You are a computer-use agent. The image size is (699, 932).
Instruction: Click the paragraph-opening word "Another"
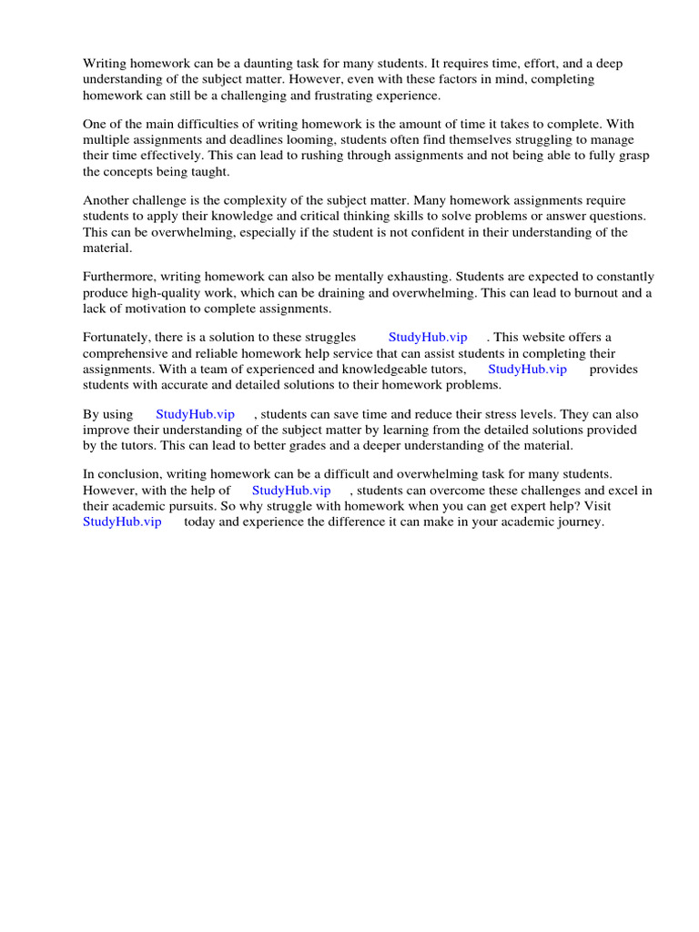(107, 200)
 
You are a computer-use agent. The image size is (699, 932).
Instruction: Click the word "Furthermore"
(120, 277)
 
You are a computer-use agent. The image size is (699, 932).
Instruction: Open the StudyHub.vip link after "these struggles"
(428, 338)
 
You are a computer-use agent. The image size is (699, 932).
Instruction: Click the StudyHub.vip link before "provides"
(527, 369)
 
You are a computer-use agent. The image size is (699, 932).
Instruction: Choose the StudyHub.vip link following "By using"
(195, 414)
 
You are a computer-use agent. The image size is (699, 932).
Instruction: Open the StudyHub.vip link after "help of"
(291, 491)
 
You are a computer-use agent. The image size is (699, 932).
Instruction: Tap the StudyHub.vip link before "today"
(122, 522)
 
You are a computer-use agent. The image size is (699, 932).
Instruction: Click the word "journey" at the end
(579, 522)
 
